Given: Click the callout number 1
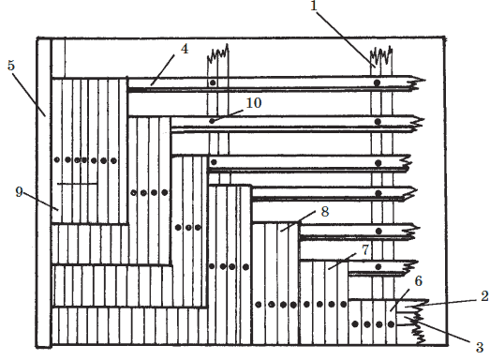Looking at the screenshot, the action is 314,6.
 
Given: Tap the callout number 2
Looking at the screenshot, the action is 484,296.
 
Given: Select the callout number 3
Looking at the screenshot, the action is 480,348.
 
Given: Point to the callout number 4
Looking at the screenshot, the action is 185,49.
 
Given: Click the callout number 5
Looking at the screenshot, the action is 11,66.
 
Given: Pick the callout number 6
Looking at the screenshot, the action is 419,281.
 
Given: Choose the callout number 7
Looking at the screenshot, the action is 365,249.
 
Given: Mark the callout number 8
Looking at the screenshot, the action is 325,212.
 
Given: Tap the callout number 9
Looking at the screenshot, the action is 19,192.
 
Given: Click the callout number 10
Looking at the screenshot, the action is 254,103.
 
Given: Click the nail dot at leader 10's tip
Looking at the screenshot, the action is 212,121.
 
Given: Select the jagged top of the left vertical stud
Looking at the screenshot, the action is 218,52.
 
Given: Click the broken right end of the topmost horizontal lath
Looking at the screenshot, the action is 416,82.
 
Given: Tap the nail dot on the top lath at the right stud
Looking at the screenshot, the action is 378,82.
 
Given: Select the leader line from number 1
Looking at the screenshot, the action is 347,37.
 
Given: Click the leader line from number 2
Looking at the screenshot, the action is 451,303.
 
